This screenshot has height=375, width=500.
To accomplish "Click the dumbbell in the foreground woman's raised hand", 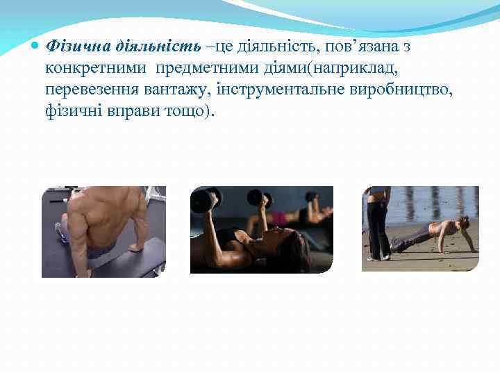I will click(202, 202).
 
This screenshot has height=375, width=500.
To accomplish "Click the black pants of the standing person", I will click(379, 229).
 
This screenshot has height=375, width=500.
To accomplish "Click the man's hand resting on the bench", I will click(135, 246).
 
